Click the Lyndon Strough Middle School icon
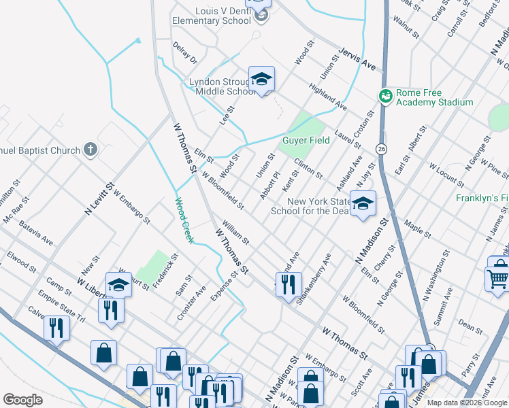pyautogui.click(x=261, y=80)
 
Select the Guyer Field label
pyautogui.click(x=306, y=141)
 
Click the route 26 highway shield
pyautogui.click(x=380, y=149)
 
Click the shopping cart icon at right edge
pyautogui.click(x=497, y=278)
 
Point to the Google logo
pyautogui.click(x=22, y=400)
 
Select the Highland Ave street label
pyautogui.click(x=328, y=98)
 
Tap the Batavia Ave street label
pyautogui.click(x=36, y=231)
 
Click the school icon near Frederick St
pyautogui.click(x=118, y=284)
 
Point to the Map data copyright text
pyautogui.click(x=467, y=403)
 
